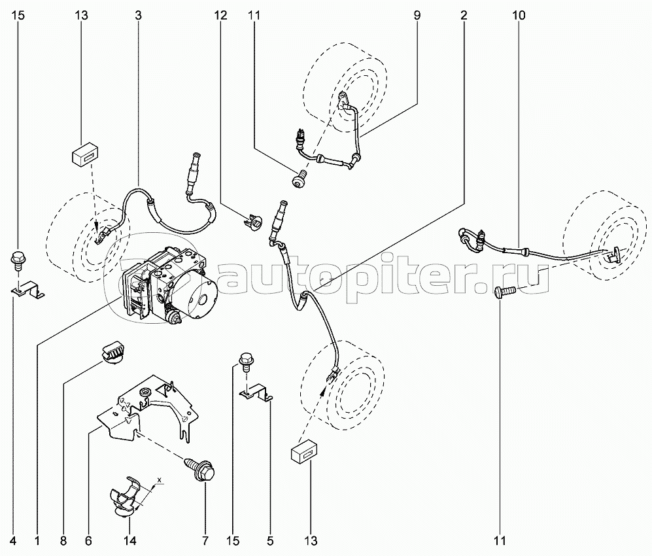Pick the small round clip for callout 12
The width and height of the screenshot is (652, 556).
tap(257, 222)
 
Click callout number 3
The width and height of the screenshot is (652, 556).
tap(138, 14)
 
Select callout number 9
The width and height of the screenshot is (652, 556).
tap(417, 14)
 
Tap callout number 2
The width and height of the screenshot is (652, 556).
tap(464, 14)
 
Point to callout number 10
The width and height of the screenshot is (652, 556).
tap(519, 14)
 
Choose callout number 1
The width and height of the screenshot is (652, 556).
tap(38, 541)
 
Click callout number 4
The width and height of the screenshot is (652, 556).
tap(14, 541)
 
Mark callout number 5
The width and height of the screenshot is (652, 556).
tap(269, 541)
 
